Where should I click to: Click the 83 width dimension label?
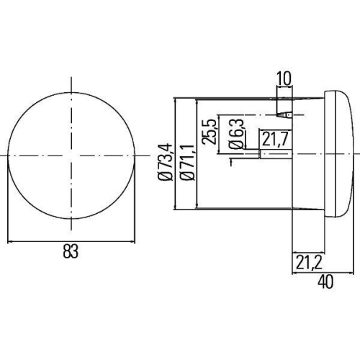point(70,251)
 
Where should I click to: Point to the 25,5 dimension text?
point(209,132)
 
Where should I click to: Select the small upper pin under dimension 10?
point(285,114)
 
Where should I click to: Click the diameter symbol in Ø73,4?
point(164,175)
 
